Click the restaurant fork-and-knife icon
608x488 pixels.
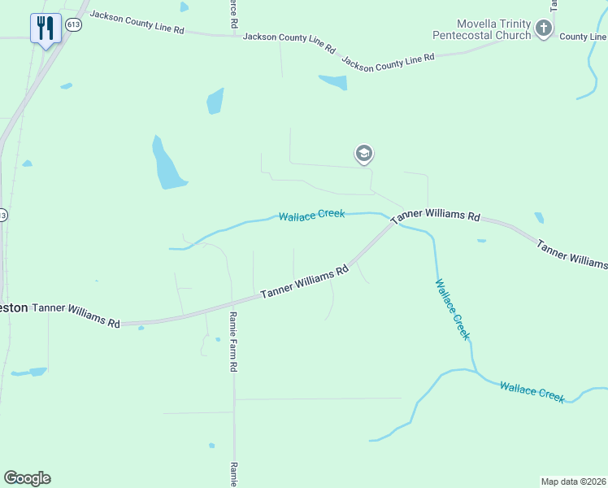[x=46, y=28]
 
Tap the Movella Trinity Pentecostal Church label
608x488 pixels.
[x=493, y=30]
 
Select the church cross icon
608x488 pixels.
[x=544, y=30]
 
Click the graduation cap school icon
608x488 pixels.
[x=363, y=153]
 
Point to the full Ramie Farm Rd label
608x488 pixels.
[x=232, y=342]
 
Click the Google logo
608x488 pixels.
[x=27, y=478]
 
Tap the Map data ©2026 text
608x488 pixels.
[x=573, y=481]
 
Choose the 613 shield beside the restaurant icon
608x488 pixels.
[x=74, y=24]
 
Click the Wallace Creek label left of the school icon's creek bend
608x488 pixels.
[x=311, y=216]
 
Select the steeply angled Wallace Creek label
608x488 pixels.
[x=452, y=309]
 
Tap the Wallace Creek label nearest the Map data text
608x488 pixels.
[x=532, y=391]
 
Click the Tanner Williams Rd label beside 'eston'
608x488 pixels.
[x=76, y=315]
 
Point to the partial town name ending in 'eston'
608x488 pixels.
[x=14, y=307]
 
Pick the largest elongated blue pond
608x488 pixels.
[x=168, y=163]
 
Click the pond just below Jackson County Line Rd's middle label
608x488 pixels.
[x=333, y=81]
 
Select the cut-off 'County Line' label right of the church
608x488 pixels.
[x=583, y=37]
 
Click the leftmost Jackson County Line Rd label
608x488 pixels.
[x=137, y=22]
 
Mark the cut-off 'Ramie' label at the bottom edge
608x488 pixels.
[x=233, y=473]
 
